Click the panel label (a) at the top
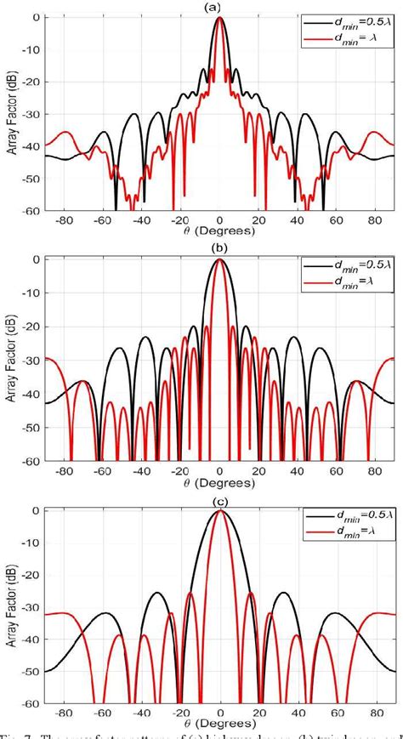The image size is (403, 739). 219,7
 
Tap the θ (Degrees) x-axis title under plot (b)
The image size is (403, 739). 219,484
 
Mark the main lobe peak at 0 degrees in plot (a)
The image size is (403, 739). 219,18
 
